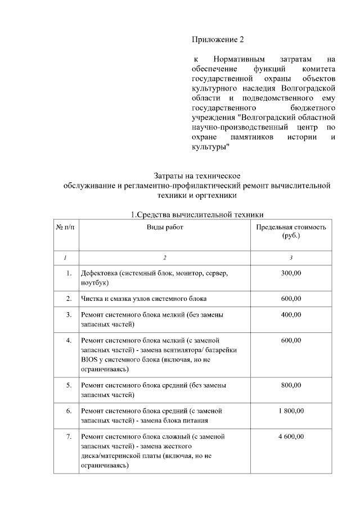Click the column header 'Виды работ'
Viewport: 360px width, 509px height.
[x=165, y=227]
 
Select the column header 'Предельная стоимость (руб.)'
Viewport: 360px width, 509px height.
[x=291, y=231]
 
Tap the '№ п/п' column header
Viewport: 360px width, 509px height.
[x=65, y=227]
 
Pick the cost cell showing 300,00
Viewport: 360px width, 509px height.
[x=291, y=273]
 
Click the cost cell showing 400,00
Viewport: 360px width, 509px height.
[x=291, y=316]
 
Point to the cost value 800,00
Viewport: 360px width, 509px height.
[x=291, y=385]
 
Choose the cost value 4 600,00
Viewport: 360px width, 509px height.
[x=291, y=437]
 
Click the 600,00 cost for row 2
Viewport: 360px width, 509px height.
[x=291, y=298]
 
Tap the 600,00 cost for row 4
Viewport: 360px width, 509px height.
[x=291, y=341]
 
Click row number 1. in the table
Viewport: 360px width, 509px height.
[x=68, y=273]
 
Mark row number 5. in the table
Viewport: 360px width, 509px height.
[x=68, y=385]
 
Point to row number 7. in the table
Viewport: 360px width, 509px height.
[x=68, y=437]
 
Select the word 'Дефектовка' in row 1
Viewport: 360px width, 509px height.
[x=98, y=273]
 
